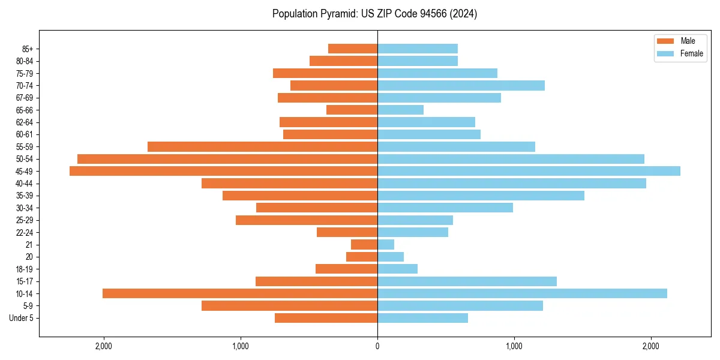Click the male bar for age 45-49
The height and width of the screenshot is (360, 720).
point(223,171)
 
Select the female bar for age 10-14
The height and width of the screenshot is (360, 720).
point(522,293)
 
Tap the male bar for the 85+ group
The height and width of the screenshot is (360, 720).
point(353,49)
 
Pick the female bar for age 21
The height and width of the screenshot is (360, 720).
point(386,244)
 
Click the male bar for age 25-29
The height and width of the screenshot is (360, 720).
point(307,220)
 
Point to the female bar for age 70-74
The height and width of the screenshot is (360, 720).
point(461,85)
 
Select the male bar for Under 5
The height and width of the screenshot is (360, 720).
point(326,318)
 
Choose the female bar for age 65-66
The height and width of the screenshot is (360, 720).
point(400,110)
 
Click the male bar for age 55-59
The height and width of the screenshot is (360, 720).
point(262,146)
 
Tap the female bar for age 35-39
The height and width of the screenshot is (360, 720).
point(481,196)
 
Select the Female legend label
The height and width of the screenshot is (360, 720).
point(691,53)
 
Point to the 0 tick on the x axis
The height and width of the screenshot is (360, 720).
point(377,346)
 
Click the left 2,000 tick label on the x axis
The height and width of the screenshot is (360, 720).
point(104,346)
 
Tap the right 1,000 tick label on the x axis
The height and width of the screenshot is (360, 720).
point(514,346)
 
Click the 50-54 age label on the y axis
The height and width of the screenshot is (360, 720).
point(25,159)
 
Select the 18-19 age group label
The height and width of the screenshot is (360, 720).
point(25,269)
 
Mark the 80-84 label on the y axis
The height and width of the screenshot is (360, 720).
point(25,61)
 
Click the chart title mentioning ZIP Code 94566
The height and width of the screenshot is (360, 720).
point(374,14)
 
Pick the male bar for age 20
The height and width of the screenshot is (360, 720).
point(362,257)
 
